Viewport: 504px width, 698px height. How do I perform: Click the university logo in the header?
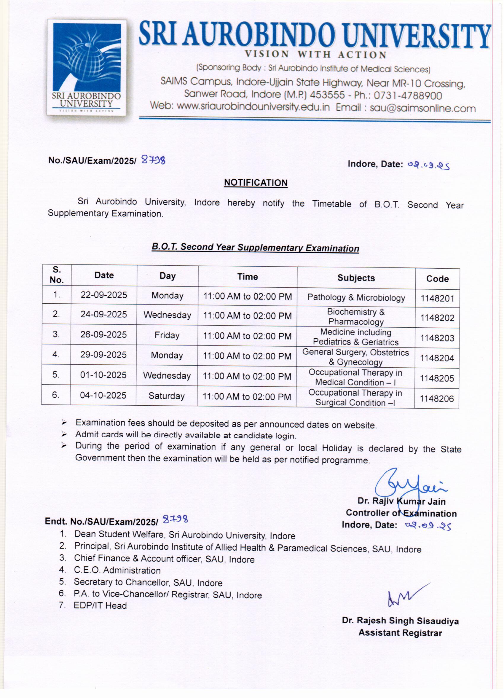pyautogui.click(x=87, y=67)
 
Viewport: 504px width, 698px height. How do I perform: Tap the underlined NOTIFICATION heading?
pyautogui.click(x=255, y=183)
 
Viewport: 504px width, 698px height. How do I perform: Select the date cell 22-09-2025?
pyautogui.click(x=104, y=295)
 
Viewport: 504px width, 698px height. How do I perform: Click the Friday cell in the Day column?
pyautogui.click(x=167, y=335)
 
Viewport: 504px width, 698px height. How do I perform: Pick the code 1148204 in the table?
pyautogui.click(x=437, y=358)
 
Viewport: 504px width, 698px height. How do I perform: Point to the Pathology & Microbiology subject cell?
pyautogui.click(x=356, y=298)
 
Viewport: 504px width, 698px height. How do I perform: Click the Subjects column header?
pyautogui.click(x=356, y=278)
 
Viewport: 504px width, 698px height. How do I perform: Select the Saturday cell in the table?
pyautogui.click(x=166, y=396)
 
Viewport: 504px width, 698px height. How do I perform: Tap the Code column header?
pyautogui.click(x=437, y=279)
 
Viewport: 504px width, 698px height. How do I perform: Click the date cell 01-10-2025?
pyautogui.click(x=103, y=375)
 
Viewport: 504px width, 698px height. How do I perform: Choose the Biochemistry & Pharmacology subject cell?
pyautogui.click(x=356, y=317)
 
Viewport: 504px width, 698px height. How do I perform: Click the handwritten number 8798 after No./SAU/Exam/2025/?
pyautogui.click(x=153, y=160)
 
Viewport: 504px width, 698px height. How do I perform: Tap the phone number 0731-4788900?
pyautogui.click(x=408, y=96)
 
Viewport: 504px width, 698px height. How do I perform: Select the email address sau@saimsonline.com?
pyautogui.click(x=422, y=108)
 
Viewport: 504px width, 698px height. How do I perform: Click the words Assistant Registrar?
pyautogui.click(x=400, y=633)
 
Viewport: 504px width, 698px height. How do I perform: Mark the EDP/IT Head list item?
pyautogui.click(x=100, y=606)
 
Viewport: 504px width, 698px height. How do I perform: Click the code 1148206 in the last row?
pyautogui.click(x=437, y=399)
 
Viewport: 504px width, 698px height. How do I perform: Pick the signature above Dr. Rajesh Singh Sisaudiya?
pyautogui.click(x=406, y=597)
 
